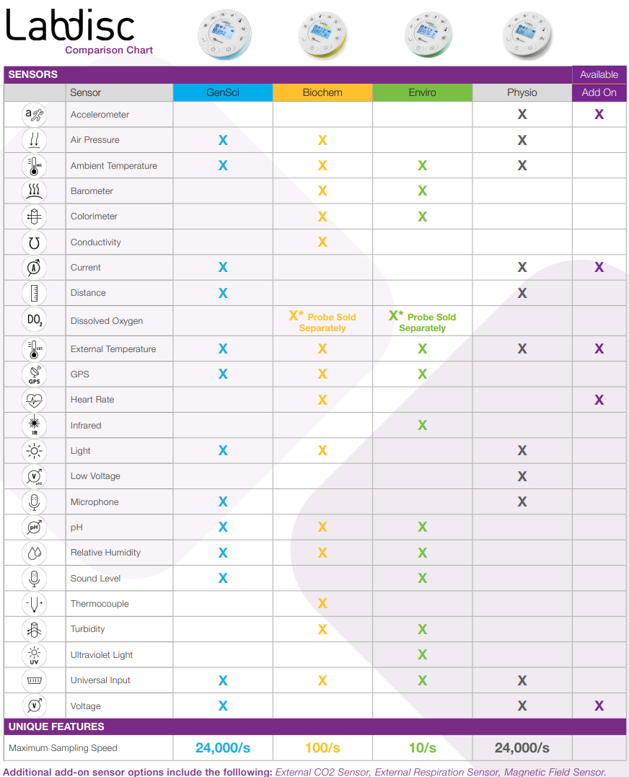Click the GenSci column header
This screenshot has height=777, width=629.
pyautogui.click(x=223, y=92)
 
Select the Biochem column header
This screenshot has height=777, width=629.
pyautogui.click(x=322, y=92)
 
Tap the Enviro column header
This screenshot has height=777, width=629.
pyautogui.click(x=422, y=92)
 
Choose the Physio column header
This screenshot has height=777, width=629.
pyautogui.click(x=522, y=92)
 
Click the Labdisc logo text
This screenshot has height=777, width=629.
pyautogui.click(x=71, y=27)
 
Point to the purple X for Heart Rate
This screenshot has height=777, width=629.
pyautogui.click(x=599, y=400)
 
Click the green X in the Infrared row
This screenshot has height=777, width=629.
pyautogui.click(x=422, y=426)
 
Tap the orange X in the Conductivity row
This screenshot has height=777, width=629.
pyautogui.click(x=322, y=242)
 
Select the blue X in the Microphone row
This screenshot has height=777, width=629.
pyautogui.click(x=223, y=501)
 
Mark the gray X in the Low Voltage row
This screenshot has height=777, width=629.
pyautogui.click(x=522, y=476)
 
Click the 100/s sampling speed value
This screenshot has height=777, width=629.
pyautogui.click(x=322, y=748)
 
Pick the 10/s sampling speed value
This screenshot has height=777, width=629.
pyautogui.click(x=422, y=748)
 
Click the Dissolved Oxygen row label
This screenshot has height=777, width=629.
pyautogui.click(x=107, y=321)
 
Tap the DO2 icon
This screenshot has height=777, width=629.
pyautogui.click(x=35, y=320)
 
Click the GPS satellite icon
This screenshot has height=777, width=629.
pyautogui.click(x=35, y=374)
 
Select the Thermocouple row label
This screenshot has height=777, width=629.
pyautogui.click(x=100, y=604)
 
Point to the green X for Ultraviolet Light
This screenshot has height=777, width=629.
pyautogui.click(x=422, y=655)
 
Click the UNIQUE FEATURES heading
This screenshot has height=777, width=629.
pyautogui.click(x=56, y=726)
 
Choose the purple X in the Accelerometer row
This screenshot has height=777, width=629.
pyautogui.click(x=599, y=114)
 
